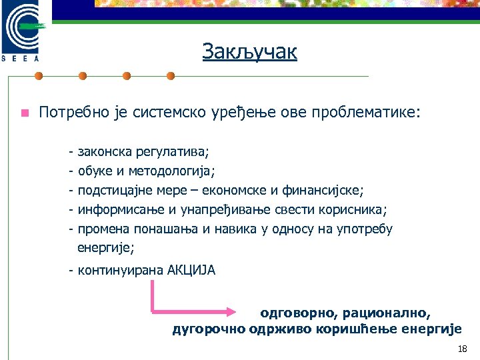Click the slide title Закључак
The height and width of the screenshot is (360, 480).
[250, 53]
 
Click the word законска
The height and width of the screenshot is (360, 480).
[105, 153]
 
